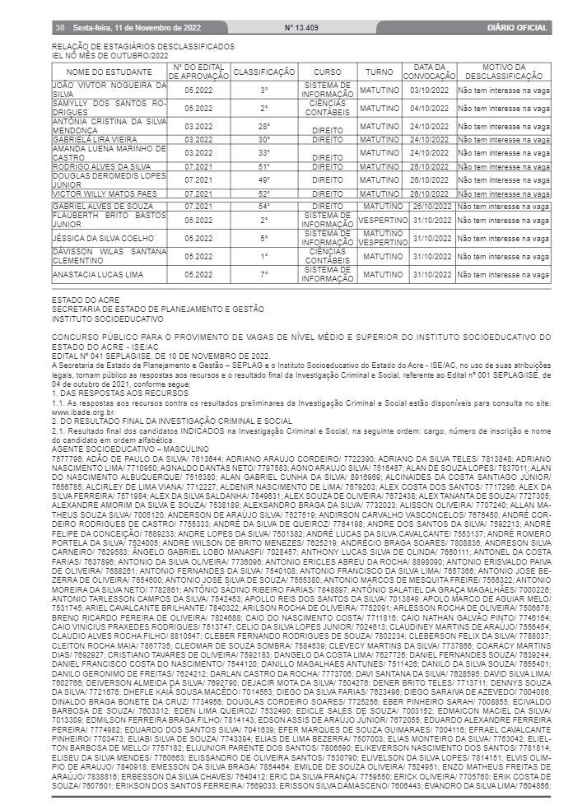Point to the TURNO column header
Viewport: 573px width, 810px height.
(x=380, y=72)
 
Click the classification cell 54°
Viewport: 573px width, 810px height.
(x=263, y=206)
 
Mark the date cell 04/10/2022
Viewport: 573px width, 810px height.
(x=432, y=108)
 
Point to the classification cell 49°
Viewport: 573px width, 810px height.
(x=263, y=179)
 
